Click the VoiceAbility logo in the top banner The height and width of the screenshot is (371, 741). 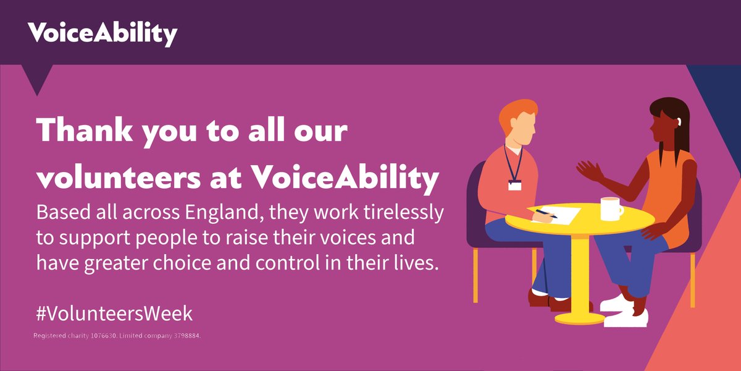pyautogui.click(x=102, y=33)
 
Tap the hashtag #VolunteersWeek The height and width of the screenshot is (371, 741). pyautogui.click(x=114, y=313)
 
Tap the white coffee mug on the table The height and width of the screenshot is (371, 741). pyautogui.click(x=611, y=208)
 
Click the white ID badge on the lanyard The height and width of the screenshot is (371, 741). pyautogui.click(x=514, y=184)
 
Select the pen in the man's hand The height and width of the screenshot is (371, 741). pyautogui.click(x=546, y=214)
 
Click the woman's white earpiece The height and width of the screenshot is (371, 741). pyautogui.click(x=677, y=121)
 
